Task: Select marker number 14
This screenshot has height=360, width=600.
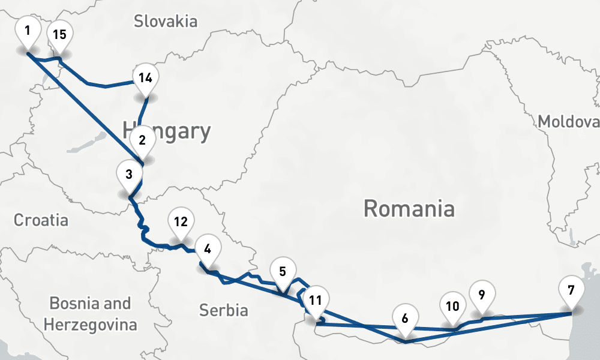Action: [145, 79]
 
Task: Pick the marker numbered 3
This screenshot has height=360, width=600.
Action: [129, 176]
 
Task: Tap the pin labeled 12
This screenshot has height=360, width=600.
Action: [181, 223]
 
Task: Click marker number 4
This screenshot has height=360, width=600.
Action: [207, 250]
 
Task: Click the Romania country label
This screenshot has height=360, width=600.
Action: [409, 209]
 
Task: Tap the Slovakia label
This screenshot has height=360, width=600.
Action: [166, 22]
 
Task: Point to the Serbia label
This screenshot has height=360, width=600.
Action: [223, 310]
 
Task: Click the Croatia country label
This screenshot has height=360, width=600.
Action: [41, 220]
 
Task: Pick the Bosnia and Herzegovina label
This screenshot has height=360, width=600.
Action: [90, 314]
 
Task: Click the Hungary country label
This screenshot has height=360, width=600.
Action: [166, 131]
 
